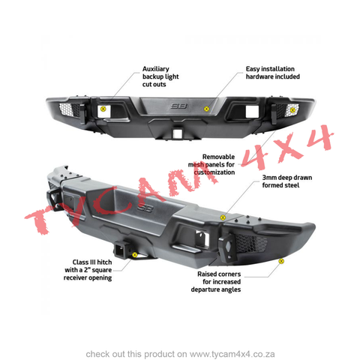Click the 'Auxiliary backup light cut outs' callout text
pos(160,76)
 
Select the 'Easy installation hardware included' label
pos(273,73)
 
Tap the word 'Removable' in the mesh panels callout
pos(218,157)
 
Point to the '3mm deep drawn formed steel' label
pos(287,181)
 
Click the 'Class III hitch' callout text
pos(92,262)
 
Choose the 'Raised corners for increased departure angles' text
pos(216,282)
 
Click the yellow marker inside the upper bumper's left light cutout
pos(103,109)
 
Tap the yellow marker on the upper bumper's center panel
pos(206,109)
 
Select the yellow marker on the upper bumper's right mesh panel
pos(292,109)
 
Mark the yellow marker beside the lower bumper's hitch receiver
pos(135,255)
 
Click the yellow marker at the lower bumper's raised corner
pos(281,261)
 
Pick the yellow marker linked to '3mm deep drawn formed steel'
pos(223,217)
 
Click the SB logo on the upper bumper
pos(178,106)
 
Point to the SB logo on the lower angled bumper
pos(145,208)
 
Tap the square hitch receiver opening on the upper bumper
pos(175,133)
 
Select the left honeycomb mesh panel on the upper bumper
pos(69,109)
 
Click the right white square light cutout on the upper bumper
pos(252,112)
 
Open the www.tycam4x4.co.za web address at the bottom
pos(232,354)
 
